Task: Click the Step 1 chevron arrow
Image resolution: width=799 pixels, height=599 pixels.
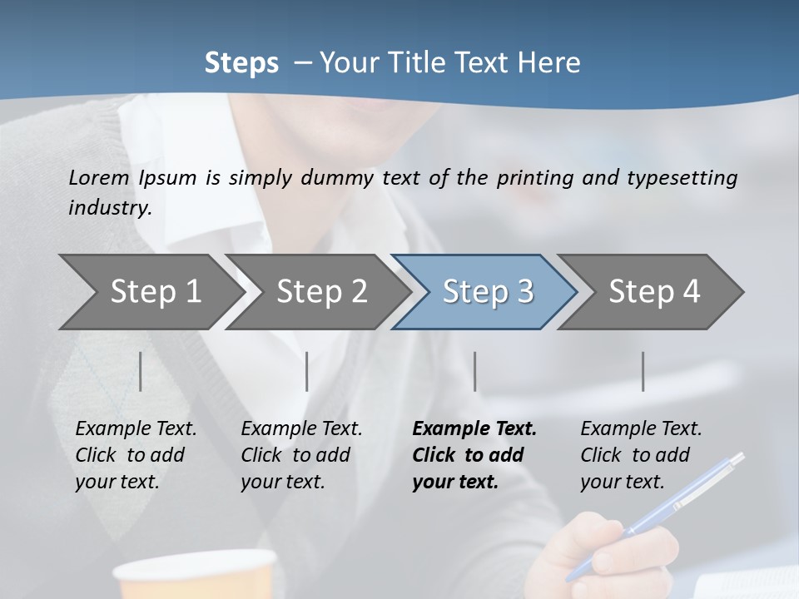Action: coord(150,291)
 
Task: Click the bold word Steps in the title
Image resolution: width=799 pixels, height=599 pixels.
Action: coord(241,62)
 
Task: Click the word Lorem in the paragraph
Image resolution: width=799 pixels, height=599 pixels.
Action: coord(99,177)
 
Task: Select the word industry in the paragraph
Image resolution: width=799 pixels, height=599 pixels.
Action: coord(109,207)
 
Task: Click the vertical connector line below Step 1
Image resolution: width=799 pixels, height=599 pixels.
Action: coord(141,371)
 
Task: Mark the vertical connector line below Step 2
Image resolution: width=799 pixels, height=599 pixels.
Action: coord(307,371)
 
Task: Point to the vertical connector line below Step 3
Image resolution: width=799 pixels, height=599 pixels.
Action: coord(475,371)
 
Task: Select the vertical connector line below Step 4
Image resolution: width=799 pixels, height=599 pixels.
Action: coord(643,371)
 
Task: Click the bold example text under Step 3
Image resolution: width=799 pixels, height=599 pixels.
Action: coord(473,455)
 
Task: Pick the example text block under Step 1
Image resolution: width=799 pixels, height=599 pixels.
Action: coord(135,455)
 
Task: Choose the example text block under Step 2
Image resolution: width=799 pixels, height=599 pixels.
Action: coord(300,455)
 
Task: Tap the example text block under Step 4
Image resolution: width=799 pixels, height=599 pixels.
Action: coord(640,455)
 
